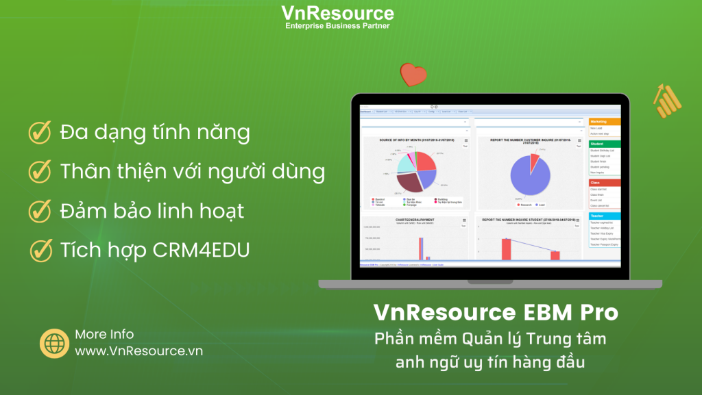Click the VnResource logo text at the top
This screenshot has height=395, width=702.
click(337, 13)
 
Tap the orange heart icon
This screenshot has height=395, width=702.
click(413, 73)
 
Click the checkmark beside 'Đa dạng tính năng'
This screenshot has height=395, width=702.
click(40, 132)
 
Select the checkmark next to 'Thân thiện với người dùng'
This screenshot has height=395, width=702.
click(40, 171)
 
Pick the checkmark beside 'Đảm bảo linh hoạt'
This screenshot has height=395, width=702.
click(40, 211)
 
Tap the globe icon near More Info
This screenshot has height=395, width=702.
click(54, 343)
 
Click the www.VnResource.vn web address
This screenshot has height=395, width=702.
click(138, 351)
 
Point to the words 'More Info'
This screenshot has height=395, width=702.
click(104, 335)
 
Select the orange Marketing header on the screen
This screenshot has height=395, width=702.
click(604, 121)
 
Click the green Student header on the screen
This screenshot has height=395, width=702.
click(604, 144)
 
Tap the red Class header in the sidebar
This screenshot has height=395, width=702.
click(604, 183)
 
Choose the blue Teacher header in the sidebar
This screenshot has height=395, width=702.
click(604, 216)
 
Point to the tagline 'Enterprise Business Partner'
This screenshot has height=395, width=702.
click(337, 26)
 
